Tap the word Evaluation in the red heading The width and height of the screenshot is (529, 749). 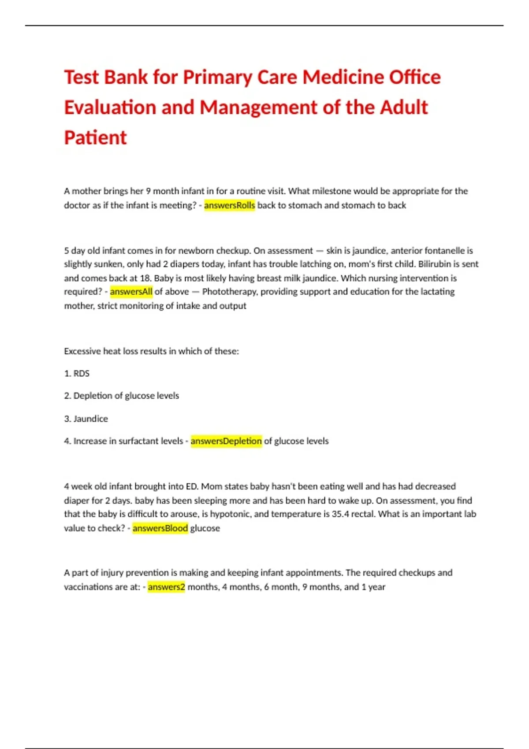coord(109,108)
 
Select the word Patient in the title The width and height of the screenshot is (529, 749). coord(95,137)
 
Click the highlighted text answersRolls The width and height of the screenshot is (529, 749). coord(229,205)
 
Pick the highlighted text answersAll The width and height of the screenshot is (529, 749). coord(131,292)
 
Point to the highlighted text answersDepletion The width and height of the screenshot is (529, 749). coord(226,441)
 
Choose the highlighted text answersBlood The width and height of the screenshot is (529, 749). coord(160,528)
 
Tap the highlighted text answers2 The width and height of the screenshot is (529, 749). coord(166,587)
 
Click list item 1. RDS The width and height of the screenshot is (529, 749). coord(77,374)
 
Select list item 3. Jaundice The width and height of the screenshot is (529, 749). coord(86,419)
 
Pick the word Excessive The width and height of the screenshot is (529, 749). coord(82,352)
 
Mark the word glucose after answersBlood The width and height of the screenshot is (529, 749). coord(205,528)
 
